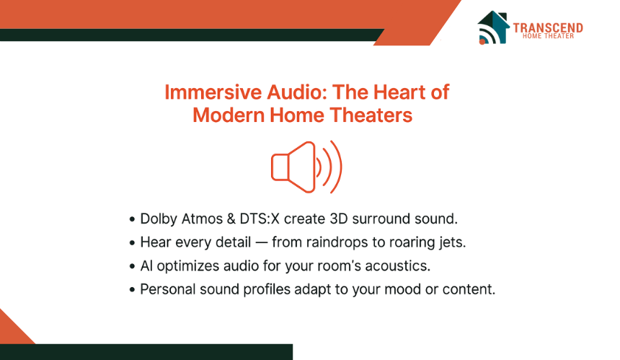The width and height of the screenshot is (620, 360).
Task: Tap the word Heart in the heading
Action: point(399,92)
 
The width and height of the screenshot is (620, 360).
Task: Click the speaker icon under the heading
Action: point(306,167)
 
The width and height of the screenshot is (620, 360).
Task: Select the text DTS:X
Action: point(260,219)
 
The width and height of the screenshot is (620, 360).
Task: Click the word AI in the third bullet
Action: point(146,265)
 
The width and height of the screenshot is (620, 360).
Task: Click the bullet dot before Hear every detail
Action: point(132,243)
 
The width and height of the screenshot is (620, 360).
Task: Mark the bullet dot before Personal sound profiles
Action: point(132,290)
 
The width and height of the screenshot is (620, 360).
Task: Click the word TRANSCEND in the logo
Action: point(548,27)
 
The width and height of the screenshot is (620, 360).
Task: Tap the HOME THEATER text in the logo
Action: point(548,36)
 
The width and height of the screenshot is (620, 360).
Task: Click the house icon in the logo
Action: point(493,27)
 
